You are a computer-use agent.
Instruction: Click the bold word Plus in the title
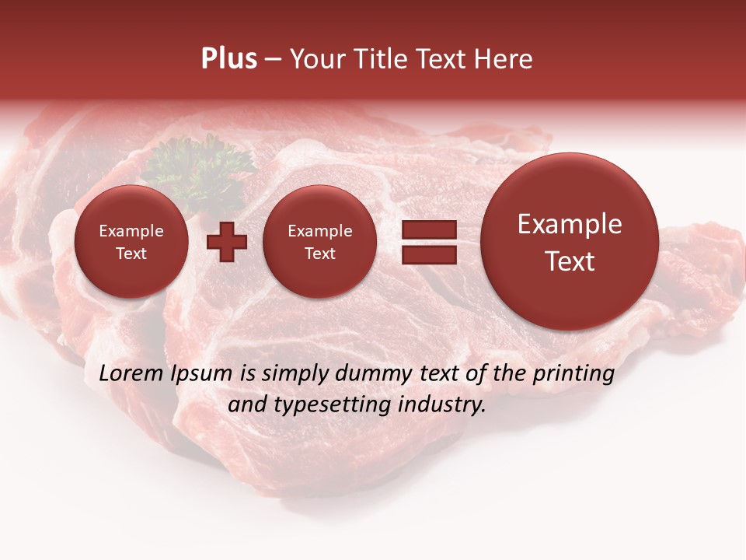coord(228,59)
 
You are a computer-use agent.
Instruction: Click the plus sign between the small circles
coord(227,241)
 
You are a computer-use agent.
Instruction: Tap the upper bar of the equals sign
coord(429,229)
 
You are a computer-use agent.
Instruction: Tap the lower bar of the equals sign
coord(429,254)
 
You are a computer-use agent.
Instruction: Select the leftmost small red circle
coord(131,242)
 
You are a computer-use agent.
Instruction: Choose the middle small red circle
coord(320,242)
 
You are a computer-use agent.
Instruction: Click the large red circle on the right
coord(570,242)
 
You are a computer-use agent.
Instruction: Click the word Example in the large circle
coord(570,224)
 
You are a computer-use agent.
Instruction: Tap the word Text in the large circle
coord(570,261)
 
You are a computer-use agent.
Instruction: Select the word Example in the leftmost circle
coord(131,231)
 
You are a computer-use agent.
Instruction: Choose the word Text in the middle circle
coord(320,254)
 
